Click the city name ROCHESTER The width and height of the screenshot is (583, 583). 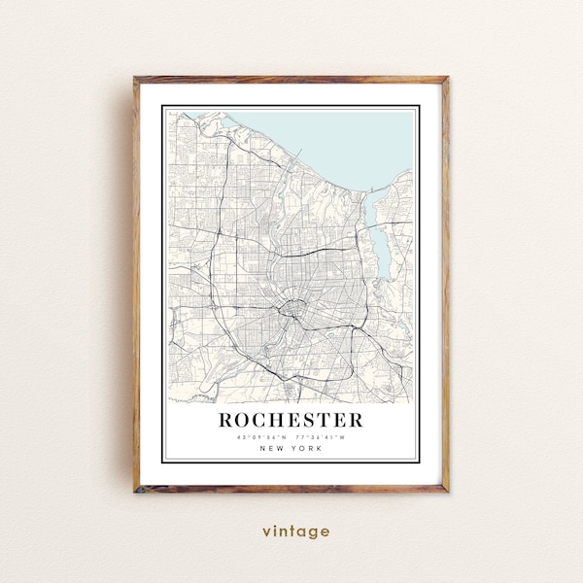pos(291,420)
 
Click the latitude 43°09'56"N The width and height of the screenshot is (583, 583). pos(257,436)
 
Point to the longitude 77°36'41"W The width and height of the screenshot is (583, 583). pos(323,436)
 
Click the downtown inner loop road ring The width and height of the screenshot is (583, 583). pos(289,311)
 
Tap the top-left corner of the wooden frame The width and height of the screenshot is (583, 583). pos(136,79)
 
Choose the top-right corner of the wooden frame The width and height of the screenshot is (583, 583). pos(447,79)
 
